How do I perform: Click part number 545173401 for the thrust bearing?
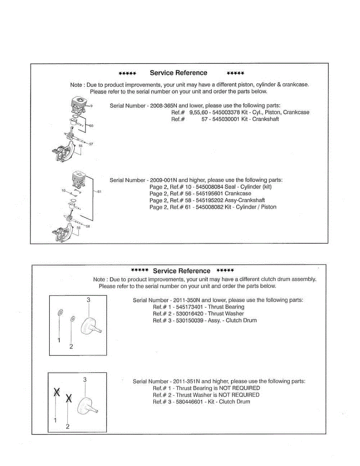[x=190, y=307]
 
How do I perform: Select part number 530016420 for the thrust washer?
[x=190, y=313]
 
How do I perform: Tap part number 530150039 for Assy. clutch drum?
[x=190, y=320]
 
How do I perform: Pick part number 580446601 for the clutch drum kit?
[x=190, y=402]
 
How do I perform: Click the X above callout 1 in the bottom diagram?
[x=57, y=392]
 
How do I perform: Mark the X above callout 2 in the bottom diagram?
[x=69, y=398]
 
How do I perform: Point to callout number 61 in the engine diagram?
[x=99, y=192]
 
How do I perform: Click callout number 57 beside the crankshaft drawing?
[x=91, y=144]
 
